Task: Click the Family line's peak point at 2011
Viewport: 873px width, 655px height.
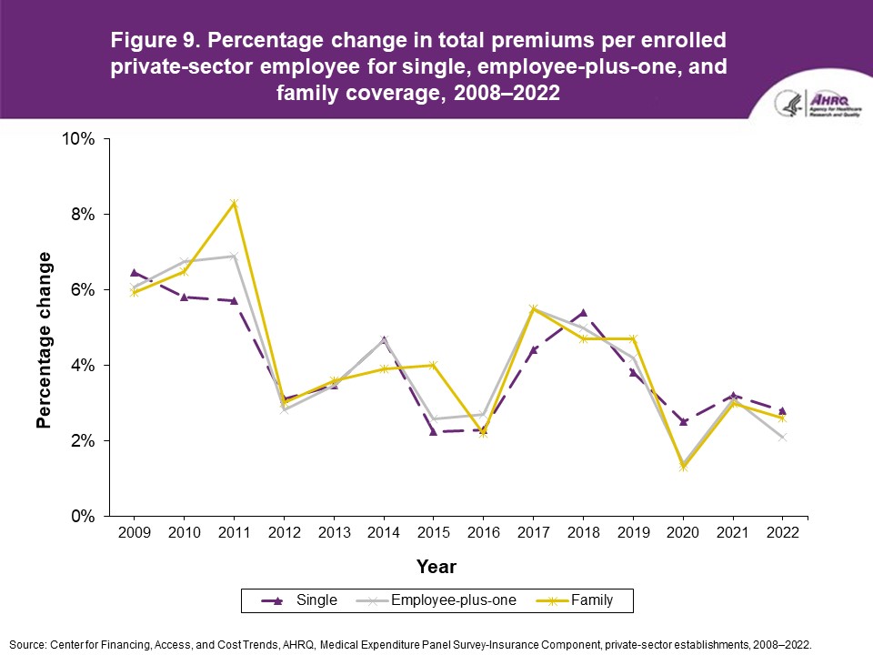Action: (235, 202)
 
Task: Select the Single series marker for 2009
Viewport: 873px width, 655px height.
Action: (135, 272)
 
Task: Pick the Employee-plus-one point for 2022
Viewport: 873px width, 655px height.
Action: (782, 438)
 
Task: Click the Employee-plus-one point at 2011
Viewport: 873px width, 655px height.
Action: (235, 256)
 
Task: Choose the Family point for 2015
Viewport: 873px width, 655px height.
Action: (434, 365)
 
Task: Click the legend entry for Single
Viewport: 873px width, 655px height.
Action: (316, 600)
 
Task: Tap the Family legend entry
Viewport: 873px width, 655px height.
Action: (591, 600)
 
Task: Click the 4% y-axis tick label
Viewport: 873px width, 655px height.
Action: (82, 365)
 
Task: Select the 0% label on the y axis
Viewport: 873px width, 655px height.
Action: (82, 516)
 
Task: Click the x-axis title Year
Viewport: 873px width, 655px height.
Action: (436, 567)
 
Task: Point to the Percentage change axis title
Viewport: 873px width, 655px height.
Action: (44, 346)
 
